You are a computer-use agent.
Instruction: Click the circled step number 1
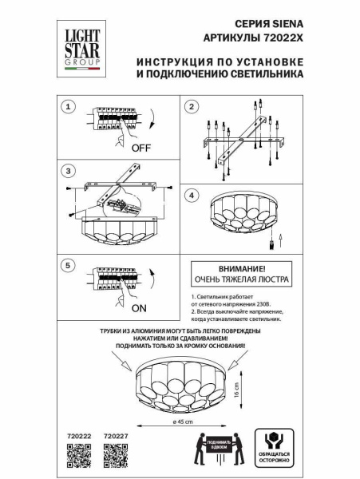[x=69, y=106]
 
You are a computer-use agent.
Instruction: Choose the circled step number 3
[x=69, y=171]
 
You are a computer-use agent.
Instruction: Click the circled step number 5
[x=69, y=264]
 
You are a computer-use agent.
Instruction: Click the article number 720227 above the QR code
[x=116, y=435]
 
